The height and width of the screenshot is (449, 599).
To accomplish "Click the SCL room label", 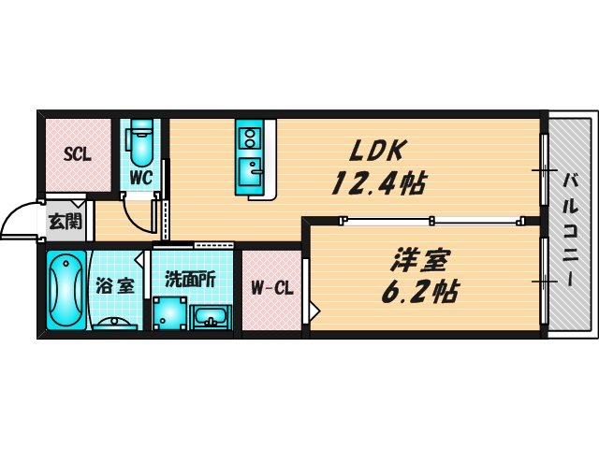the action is click(x=77, y=154).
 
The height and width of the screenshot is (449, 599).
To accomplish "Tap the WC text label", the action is click(x=141, y=178).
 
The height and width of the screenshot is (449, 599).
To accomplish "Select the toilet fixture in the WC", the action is click(x=140, y=143).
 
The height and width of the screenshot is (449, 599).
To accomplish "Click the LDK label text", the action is click(x=376, y=150).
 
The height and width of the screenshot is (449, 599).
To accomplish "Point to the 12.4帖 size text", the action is click(x=378, y=183).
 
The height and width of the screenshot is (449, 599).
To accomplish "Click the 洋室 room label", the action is click(x=419, y=260).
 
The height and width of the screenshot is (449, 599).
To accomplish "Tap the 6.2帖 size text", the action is click(x=419, y=292).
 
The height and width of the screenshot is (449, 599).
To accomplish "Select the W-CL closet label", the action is click(x=272, y=288).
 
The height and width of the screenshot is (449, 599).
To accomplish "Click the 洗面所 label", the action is click(x=190, y=280).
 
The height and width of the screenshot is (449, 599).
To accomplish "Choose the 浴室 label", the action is click(x=114, y=285).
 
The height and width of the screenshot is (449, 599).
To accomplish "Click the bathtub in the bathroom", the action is click(x=66, y=290).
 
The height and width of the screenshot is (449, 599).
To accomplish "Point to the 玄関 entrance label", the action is click(x=66, y=222).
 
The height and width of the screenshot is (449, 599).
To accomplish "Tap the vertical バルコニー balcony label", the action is click(x=570, y=229).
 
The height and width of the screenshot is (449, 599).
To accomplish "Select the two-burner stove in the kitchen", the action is click(x=250, y=138).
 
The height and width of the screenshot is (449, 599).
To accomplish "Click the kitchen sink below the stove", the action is click(x=250, y=170).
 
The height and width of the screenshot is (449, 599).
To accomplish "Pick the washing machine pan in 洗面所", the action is click(x=170, y=313).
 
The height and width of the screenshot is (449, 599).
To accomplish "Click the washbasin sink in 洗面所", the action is click(x=210, y=317).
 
